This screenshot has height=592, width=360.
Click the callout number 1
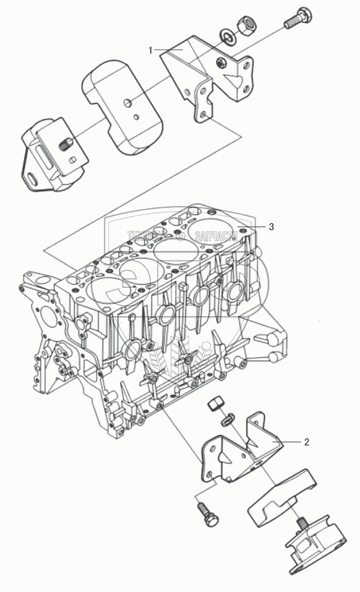point(151,51)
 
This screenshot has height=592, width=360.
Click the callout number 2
point(306,441)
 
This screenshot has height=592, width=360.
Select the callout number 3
point(271,226)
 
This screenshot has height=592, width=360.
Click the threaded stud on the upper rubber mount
point(66,143)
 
